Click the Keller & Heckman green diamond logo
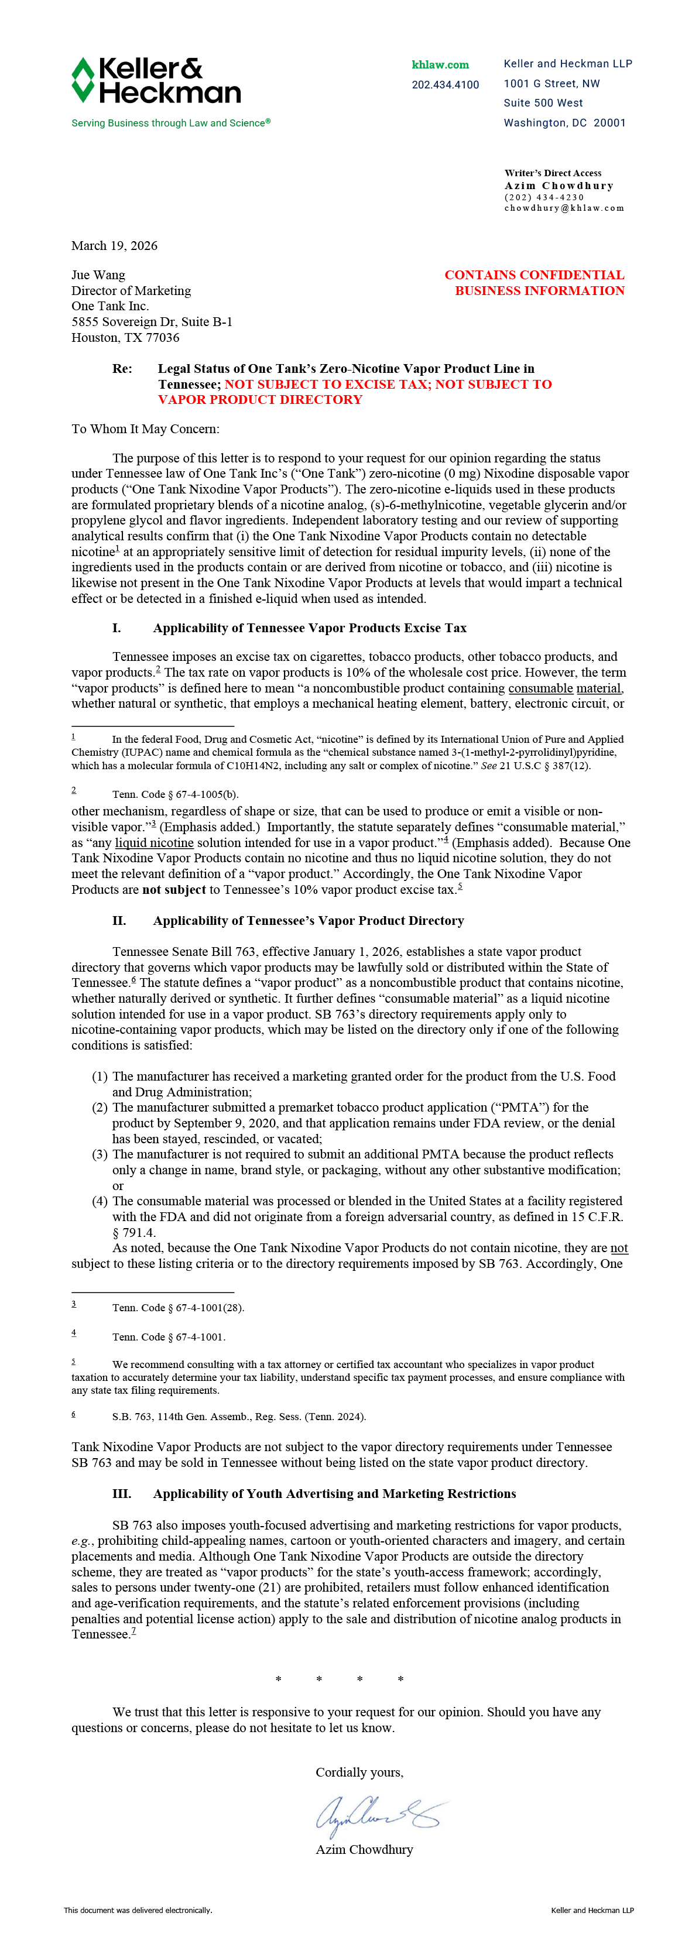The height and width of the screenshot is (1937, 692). [83, 80]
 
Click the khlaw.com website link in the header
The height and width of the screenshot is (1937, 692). [440, 64]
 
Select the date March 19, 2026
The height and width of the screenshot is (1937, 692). [114, 246]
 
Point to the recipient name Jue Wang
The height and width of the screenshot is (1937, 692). [98, 275]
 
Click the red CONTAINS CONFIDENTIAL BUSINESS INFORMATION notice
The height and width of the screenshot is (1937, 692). [535, 283]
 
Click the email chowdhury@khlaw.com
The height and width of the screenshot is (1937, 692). [564, 208]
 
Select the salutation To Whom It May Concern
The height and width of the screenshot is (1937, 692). [145, 429]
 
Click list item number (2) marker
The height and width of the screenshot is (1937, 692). [100, 1108]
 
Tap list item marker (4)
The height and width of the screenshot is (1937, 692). [100, 1202]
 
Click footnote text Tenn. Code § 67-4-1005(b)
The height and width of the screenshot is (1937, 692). [175, 794]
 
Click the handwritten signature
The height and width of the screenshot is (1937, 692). [380, 1815]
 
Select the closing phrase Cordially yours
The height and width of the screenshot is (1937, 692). [359, 1773]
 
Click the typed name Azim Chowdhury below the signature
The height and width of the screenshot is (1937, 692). [364, 1850]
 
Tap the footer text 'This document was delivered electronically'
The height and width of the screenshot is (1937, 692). [138, 1910]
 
